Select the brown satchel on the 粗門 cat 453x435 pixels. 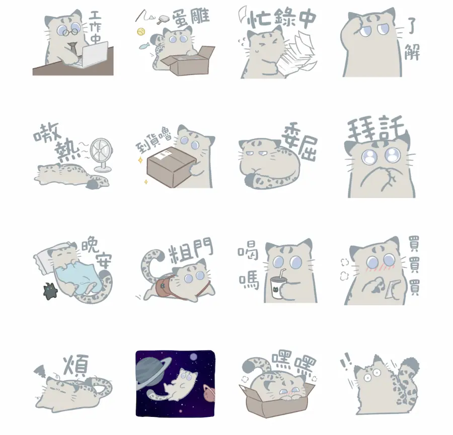click(163, 288)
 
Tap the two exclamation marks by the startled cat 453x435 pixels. click(347, 361)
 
